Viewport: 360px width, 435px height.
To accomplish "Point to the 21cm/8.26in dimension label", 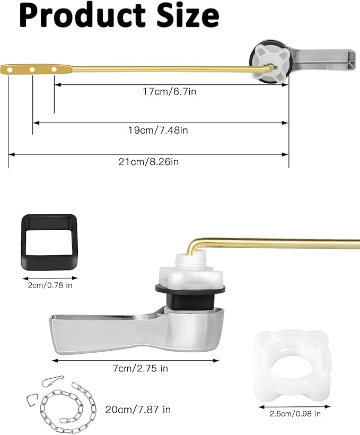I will coord(148,162).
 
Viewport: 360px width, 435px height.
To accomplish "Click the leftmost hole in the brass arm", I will coord(10,69).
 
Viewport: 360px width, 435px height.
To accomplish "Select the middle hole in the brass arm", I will coord(32,69).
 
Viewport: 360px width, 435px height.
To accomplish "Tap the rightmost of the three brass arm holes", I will coord(54,69).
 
